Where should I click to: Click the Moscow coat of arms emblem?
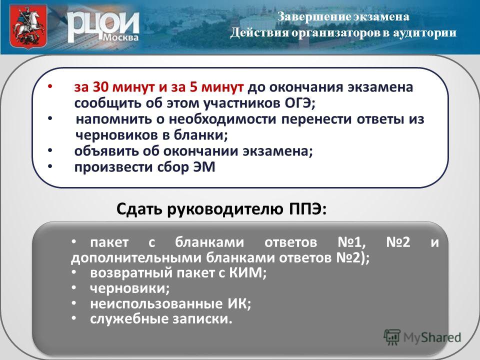click(x=28, y=26)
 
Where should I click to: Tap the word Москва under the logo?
click(x=120, y=37)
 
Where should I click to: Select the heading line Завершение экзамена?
click(x=343, y=17)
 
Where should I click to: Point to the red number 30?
click(x=101, y=87)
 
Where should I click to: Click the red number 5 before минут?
click(x=193, y=87)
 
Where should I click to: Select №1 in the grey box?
click(x=351, y=242)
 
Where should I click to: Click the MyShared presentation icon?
click(x=392, y=337)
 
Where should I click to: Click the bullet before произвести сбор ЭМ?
click(x=50, y=166)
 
